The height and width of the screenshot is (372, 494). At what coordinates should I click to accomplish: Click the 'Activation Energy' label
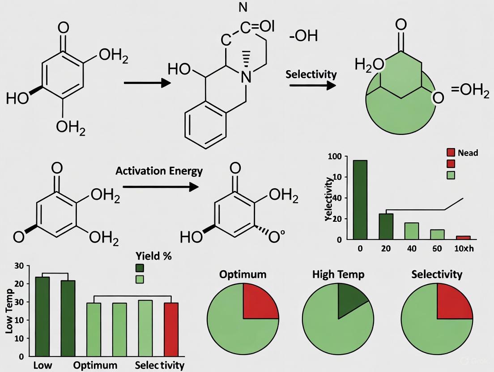pyautogui.click(x=159, y=171)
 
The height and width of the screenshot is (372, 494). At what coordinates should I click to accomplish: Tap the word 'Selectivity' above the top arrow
pyautogui.click(x=311, y=74)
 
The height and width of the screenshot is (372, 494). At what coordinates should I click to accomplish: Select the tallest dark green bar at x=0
pyautogui.click(x=360, y=199)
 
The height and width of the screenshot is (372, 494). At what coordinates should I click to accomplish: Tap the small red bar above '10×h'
pyautogui.click(x=463, y=237)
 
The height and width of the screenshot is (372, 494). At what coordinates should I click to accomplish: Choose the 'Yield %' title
pyautogui.click(x=153, y=256)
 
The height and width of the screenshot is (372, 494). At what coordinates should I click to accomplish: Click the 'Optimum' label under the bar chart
pyautogui.click(x=95, y=365)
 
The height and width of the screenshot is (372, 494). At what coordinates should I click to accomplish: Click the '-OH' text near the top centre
pyautogui.click(x=303, y=36)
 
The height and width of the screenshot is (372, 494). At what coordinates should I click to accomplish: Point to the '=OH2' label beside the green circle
pyautogui.click(x=470, y=91)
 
